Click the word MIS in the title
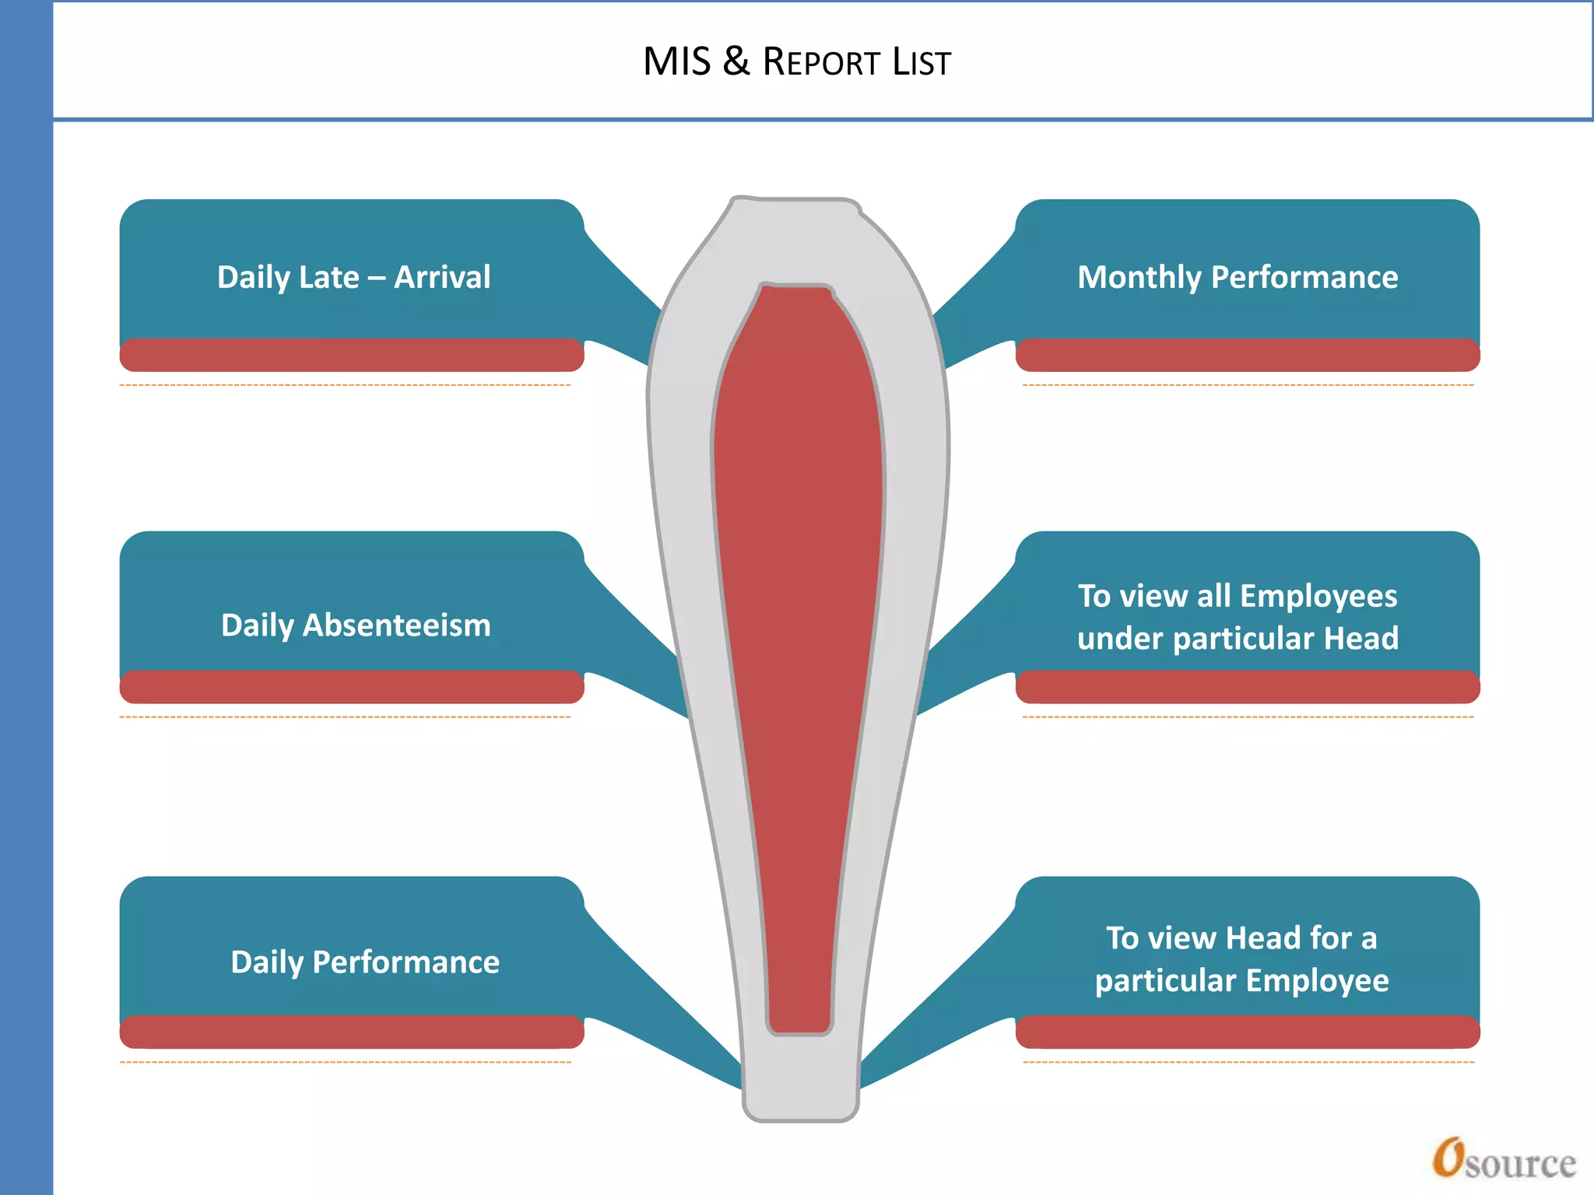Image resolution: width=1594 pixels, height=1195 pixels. tap(676, 61)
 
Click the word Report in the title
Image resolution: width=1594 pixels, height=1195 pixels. tap(821, 62)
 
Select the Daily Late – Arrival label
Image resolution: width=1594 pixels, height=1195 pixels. tap(353, 277)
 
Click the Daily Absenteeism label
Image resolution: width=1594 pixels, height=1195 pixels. tap(356, 625)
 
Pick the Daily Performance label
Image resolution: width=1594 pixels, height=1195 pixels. tap(365, 962)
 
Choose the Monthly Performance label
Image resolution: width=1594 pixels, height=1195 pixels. tap(1238, 277)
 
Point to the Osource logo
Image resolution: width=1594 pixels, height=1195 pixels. tap(1504, 1159)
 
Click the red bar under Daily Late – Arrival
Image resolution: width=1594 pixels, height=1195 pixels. tap(352, 355)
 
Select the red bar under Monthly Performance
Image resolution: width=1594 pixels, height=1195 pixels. tap(1248, 355)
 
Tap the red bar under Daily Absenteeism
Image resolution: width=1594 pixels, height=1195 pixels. tap(352, 687)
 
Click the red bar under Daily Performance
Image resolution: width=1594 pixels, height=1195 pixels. tap(352, 1032)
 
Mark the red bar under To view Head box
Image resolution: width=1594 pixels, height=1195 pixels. tap(1248, 1032)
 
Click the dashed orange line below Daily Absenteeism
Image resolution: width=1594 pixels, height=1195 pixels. tap(345, 717)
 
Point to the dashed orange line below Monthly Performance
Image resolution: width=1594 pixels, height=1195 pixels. tap(1248, 384)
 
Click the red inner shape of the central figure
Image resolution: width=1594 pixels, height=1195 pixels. tap(799, 622)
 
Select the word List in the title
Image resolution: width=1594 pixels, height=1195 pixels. tap(922, 62)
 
